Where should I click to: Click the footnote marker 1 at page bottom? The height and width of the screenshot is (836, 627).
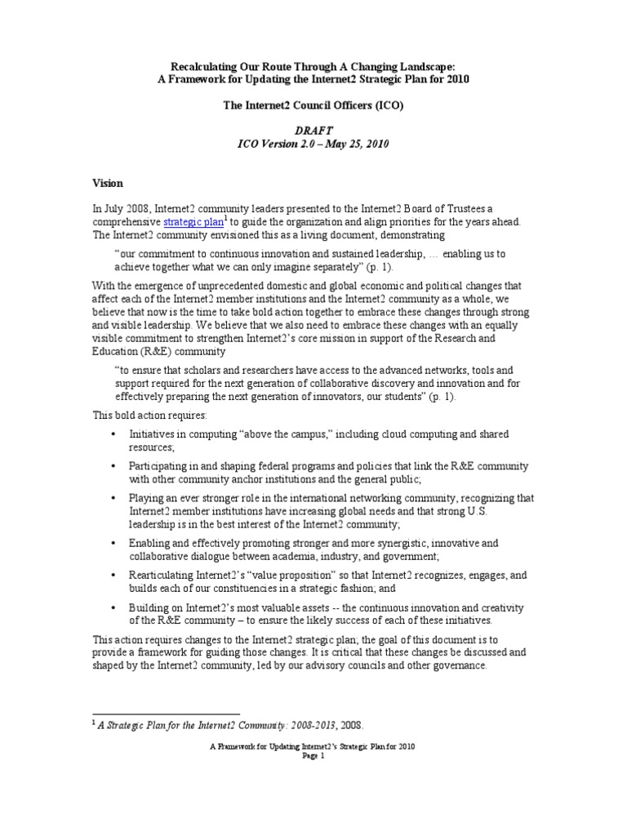click(x=93, y=723)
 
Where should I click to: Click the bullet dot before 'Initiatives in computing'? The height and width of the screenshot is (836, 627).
click(x=113, y=434)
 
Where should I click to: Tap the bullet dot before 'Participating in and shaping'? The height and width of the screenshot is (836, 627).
click(x=113, y=465)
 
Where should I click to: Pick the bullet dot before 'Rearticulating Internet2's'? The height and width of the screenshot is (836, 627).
click(x=113, y=575)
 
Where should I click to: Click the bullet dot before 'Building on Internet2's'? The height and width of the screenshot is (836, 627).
click(x=113, y=607)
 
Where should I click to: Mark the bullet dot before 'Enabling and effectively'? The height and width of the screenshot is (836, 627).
click(x=113, y=543)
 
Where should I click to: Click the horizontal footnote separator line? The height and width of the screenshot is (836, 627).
click(x=164, y=713)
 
